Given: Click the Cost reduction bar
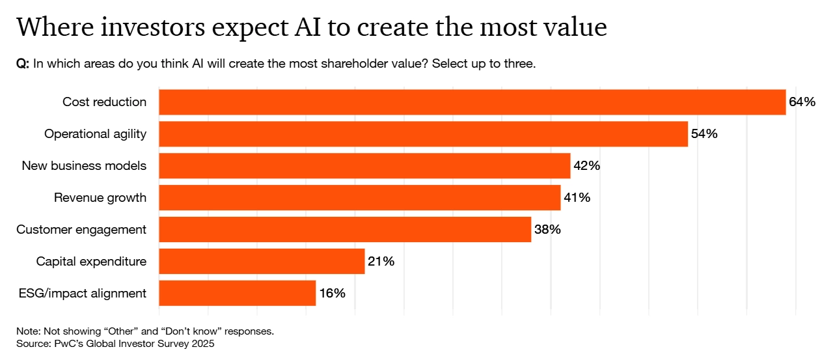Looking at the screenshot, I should [x=472, y=102].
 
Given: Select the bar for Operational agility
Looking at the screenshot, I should [x=423, y=134].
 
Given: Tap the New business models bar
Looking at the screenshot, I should [x=364, y=166].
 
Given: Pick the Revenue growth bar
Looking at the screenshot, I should [x=359, y=198].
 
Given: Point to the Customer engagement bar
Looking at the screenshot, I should [x=345, y=230].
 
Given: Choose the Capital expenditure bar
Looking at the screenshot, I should [x=262, y=262].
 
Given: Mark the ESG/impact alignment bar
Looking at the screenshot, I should [x=237, y=294].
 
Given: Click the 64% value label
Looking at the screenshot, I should [x=802, y=102].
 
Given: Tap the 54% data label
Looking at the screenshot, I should [x=704, y=134].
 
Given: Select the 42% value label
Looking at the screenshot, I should [x=586, y=166].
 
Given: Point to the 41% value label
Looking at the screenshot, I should [x=577, y=198].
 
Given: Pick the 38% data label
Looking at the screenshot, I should [x=547, y=230].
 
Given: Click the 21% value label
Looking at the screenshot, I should [x=381, y=262].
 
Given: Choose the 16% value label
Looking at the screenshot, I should [x=332, y=294].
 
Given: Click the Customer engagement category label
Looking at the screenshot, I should [x=81, y=230].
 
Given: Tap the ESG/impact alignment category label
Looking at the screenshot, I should [x=83, y=294].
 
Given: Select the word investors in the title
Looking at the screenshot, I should [x=146, y=28].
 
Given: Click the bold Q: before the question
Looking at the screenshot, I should [x=23, y=64].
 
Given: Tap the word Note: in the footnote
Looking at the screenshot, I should [x=29, y=331].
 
